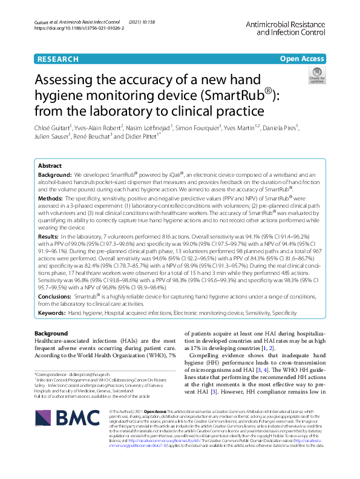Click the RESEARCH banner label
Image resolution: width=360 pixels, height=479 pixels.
tap(57, 59)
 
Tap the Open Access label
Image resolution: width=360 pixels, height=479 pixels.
tap(301, 59)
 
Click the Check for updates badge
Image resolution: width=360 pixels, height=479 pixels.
tap(317, 78)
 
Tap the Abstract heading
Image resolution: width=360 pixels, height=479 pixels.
tap(50, 165)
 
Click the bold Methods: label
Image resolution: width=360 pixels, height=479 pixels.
tap(50, 198)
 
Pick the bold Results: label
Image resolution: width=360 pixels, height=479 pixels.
tap(49, 236)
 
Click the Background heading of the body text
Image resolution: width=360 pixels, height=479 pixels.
tap(51, 334)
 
